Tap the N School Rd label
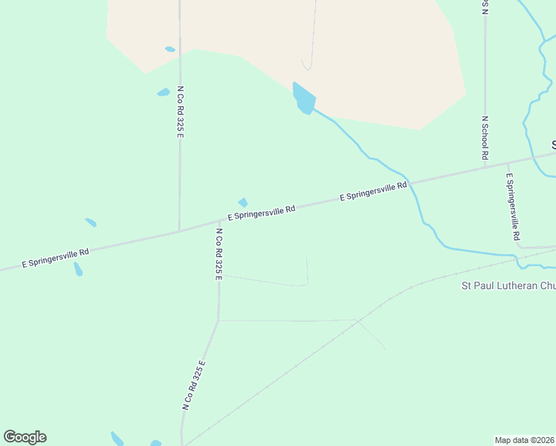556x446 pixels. click(x=485, y=138)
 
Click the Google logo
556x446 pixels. click(x=25, y=437)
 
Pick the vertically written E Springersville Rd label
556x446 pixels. click(x=512, y=207)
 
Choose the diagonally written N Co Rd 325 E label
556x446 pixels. click(x=194, y=385)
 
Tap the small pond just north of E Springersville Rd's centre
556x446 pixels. click(x=242, y=202)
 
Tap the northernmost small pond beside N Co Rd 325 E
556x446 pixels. click(x=170, y=50)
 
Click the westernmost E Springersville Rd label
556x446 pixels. click(x=56, y=258)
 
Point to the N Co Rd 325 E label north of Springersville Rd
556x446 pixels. click(x=180, y=111)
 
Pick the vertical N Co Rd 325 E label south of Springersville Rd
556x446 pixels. click(x=219, y=253)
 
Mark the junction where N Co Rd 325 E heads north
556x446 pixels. click(x=179, y=230)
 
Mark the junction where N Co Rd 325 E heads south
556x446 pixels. click(x=219, y=221)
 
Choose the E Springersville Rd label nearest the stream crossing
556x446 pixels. click(x=374, y=192)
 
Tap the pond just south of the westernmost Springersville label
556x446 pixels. click(x=78, y=269)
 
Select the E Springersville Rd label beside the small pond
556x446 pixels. click(x=262, y=213)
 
